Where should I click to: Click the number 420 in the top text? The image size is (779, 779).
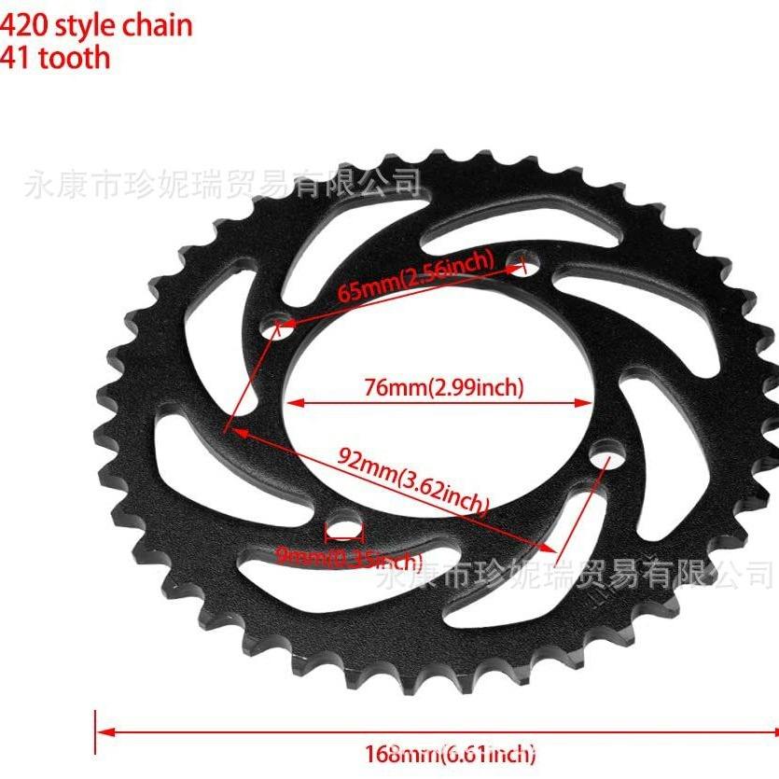point(23,24)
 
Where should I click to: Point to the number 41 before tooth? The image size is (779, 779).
point(16,58)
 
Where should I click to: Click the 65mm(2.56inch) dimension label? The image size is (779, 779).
point(415,276)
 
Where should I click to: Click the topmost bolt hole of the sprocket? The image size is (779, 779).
point(519,265)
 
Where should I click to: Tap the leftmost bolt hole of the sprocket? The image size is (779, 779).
point(273,328)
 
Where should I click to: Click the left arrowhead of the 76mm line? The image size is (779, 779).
point(292,404)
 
